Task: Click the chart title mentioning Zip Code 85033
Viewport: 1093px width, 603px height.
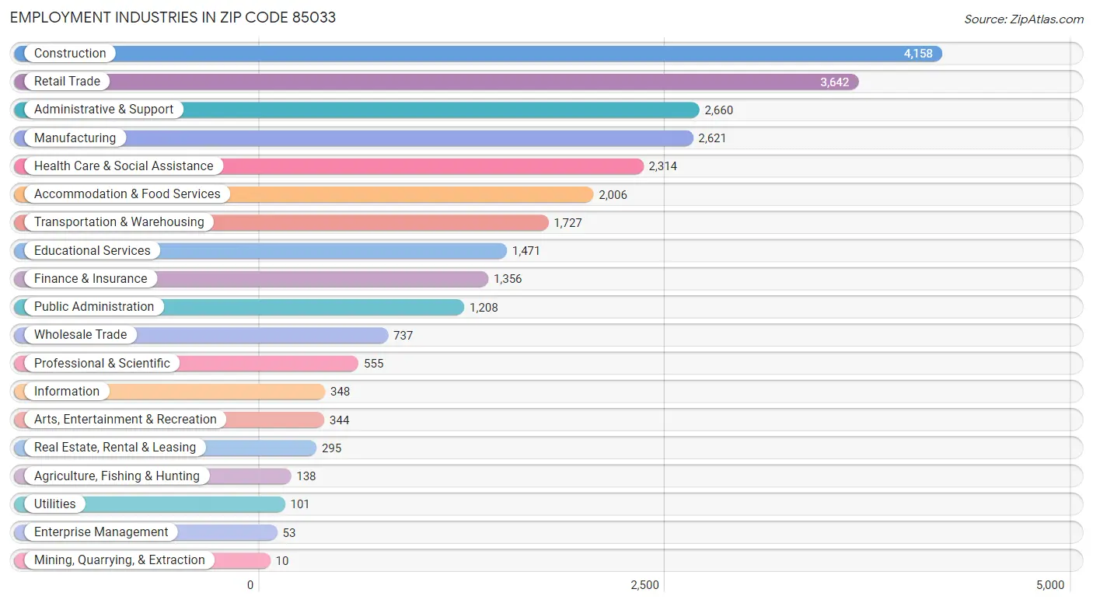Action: tap(173, 17)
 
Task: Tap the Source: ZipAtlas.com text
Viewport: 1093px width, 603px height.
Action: tap(1023, 19)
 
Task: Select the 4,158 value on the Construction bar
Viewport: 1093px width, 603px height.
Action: tap(917, 54)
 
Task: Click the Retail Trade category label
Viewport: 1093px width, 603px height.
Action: tap(67, 82)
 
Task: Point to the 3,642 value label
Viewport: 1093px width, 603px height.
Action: tap(834, 82)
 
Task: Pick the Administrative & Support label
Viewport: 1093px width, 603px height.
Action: tap(103, 110)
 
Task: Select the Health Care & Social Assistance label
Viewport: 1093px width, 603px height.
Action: tap(123, 166)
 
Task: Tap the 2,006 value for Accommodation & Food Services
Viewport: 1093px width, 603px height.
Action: tap(613, 195)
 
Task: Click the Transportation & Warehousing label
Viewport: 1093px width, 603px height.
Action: tap(118, 222)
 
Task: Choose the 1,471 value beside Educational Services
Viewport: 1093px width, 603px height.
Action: tap(526, 251)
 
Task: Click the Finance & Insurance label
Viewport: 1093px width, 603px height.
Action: tap(90, 279)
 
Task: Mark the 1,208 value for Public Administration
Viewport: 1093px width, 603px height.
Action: tap(484, 308)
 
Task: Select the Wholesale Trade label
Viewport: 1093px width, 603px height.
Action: tap(80, 335)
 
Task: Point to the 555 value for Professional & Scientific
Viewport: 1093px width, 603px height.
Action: tap(373, 364)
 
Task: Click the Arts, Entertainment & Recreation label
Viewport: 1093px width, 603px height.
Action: tap(125, 420)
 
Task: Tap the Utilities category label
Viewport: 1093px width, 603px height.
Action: tap(54, 504)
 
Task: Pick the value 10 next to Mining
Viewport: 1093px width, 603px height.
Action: tap(281, 561)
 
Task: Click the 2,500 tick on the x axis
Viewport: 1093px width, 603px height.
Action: tap(644, 585)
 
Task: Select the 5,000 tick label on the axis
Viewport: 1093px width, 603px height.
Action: tap(1050, 585)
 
